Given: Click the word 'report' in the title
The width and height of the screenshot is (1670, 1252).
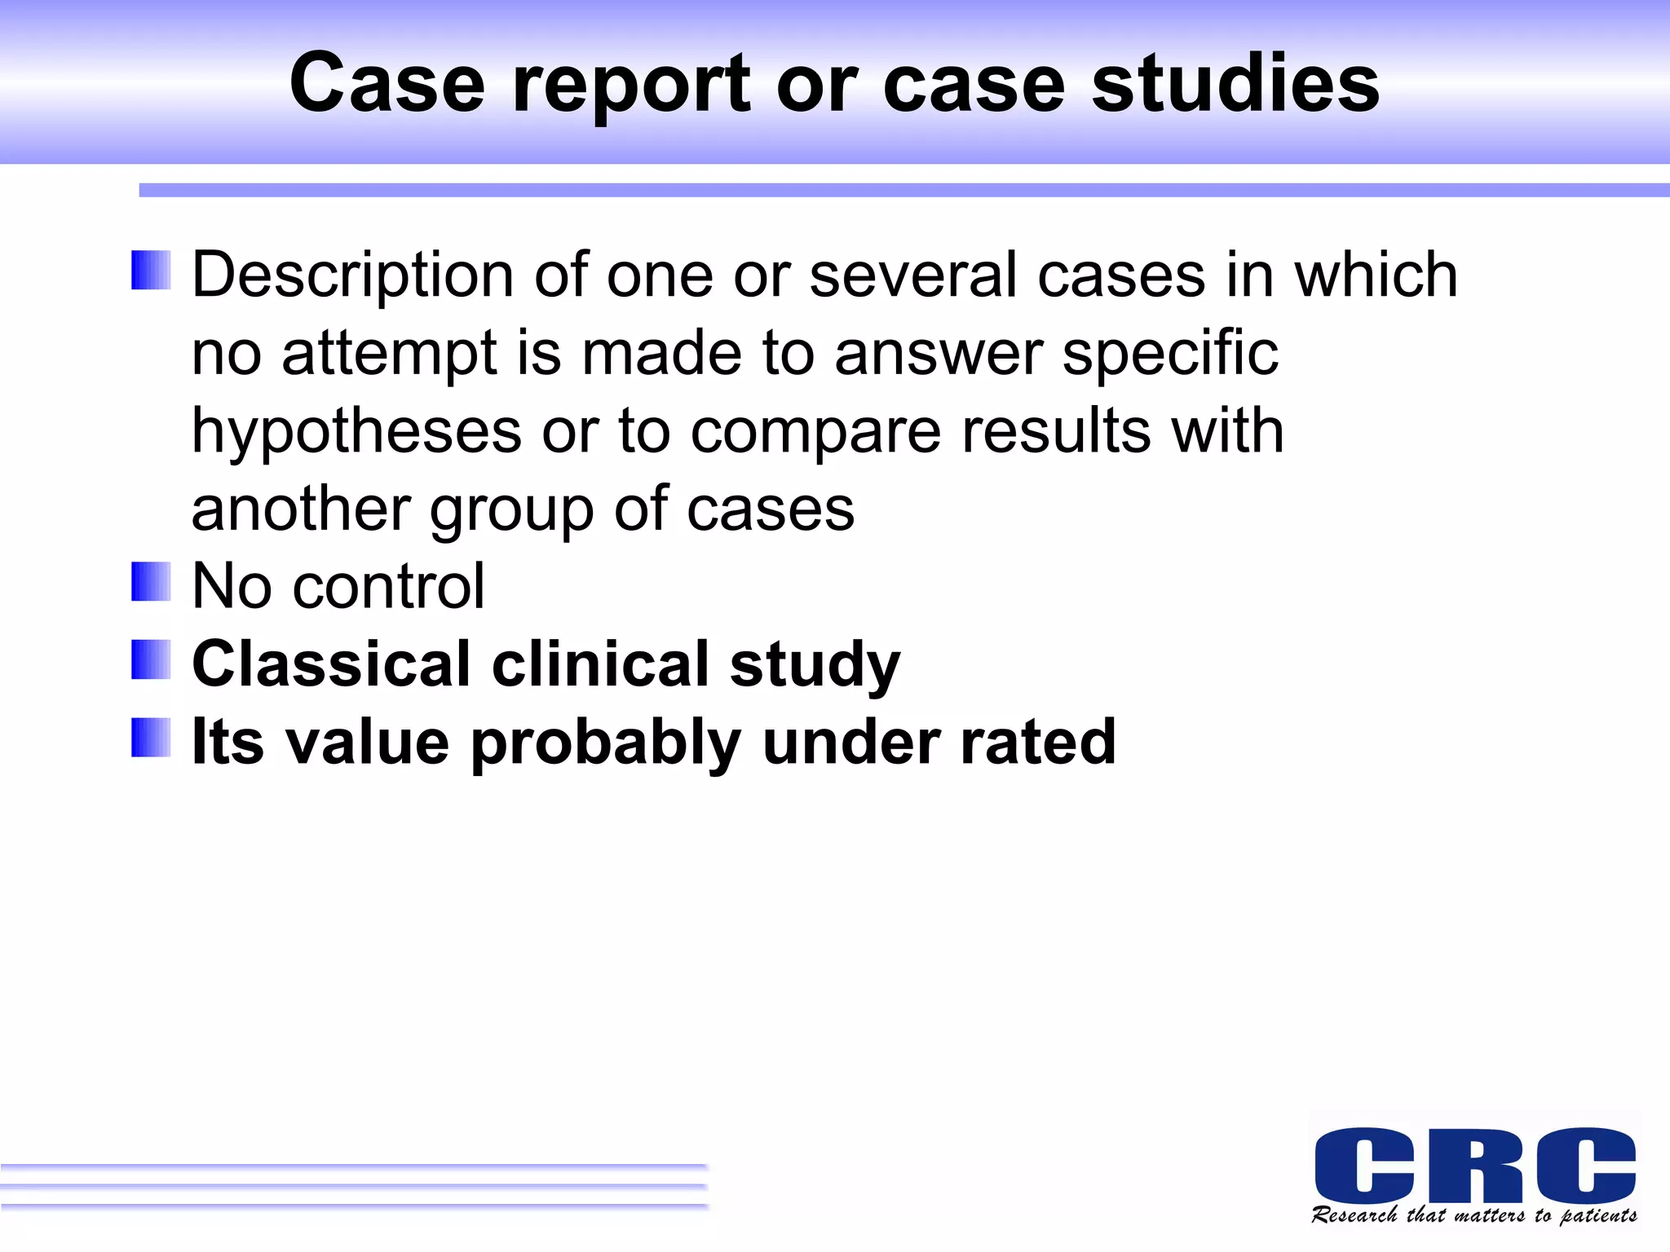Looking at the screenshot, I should coord(630,85).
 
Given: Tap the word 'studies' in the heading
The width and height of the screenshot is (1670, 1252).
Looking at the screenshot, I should coord(1235,83).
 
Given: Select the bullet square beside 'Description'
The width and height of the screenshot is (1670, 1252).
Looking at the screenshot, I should coord(151,270).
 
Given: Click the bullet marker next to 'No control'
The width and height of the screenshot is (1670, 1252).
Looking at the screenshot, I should coord(151,582).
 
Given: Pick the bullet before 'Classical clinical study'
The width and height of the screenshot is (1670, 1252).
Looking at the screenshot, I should coord(151,659).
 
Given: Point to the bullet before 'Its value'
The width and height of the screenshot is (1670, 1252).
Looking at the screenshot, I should coord(151,738).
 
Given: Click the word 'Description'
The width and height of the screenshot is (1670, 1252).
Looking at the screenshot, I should coord(352,276).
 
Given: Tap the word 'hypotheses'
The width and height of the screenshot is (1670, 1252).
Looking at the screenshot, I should coord(356,432).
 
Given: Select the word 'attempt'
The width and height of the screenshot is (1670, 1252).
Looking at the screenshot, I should coord(389,354).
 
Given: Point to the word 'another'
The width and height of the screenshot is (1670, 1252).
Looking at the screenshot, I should coord(300,509).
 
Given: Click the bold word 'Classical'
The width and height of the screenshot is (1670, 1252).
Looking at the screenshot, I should coord(332,663).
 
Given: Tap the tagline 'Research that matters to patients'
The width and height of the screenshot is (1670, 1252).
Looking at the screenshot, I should coord(1474,1215).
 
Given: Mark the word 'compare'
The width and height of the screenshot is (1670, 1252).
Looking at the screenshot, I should coord(815,432).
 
